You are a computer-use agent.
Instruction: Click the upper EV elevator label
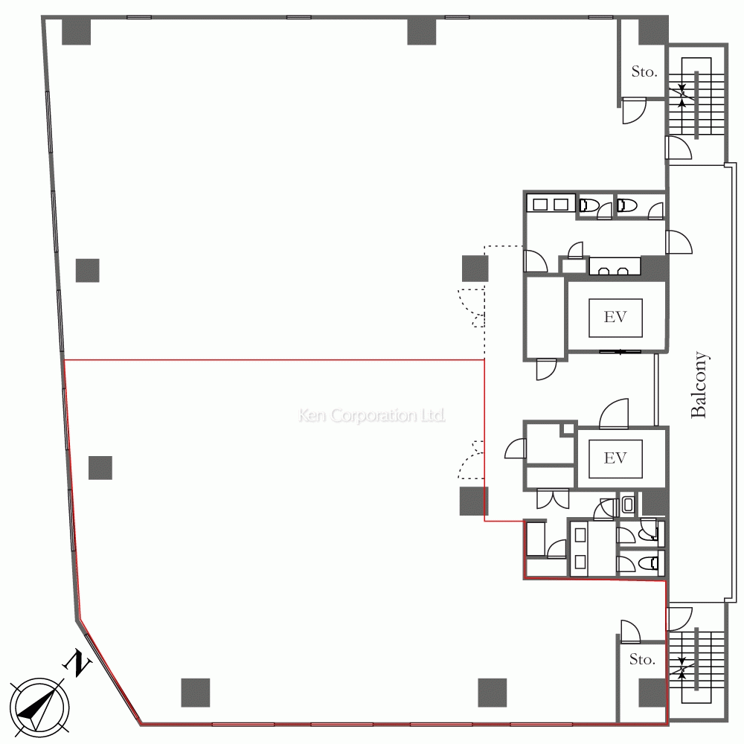point(615,316)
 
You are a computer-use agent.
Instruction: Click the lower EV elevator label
point(615,458)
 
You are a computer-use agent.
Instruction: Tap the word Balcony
point(699,385)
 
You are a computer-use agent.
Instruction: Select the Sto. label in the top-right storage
point(644,71)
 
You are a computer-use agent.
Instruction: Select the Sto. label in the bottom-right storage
point(642,659)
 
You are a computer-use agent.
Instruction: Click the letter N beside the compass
point(77,664)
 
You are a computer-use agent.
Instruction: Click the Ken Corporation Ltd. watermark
point(371,415)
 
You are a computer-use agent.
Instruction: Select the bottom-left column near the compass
point(196,692)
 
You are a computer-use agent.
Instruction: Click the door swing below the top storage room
point(634,111)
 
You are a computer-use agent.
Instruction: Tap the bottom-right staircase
point(696,667)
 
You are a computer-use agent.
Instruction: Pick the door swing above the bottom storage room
point(631,632)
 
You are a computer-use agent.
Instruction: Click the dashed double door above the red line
point(471,307)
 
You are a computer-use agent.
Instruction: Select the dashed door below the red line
point(471,460)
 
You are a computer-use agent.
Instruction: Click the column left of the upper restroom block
point(475,268)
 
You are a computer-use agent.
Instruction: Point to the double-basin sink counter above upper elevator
point(615,266)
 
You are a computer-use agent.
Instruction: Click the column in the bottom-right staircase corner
point(652,692)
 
